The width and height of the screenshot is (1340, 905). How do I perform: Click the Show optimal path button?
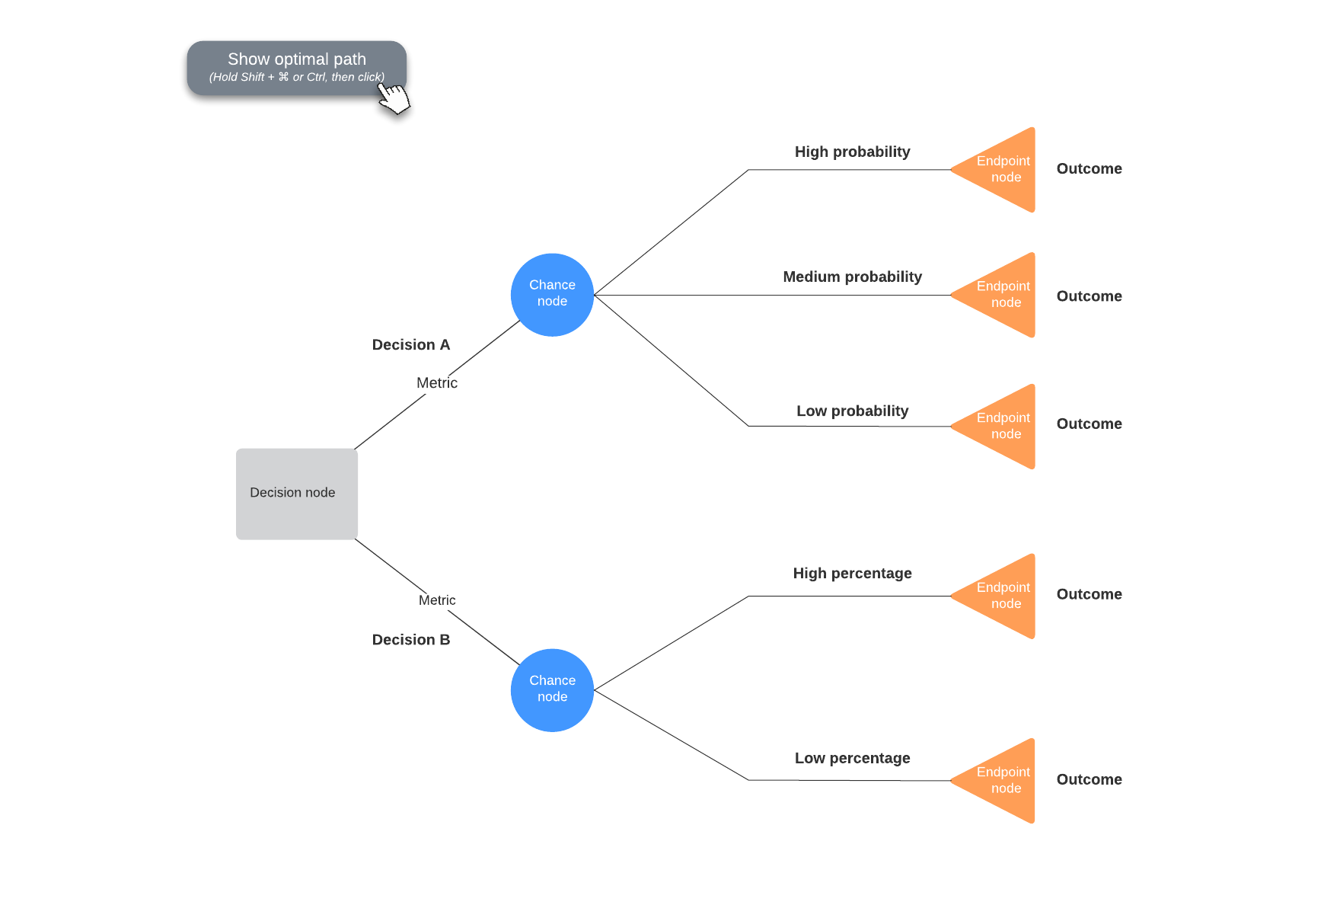[x=296, y=67]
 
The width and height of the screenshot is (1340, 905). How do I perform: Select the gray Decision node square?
[x=296, y=494]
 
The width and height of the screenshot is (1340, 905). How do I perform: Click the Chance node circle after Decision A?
[x=552, y=294]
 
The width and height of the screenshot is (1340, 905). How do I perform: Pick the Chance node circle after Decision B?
[x=552, y=689]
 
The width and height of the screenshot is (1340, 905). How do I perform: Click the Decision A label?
[x=410, y=345]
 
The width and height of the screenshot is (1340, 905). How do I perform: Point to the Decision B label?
[x=410, y=640]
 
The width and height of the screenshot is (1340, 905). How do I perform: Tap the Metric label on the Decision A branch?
[x=436, y=383]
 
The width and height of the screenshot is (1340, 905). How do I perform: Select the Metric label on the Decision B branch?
[x=436, y=600]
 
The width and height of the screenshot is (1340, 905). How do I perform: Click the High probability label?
[x=852, y=152]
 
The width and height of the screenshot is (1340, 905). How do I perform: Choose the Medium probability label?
[x=852, y=277]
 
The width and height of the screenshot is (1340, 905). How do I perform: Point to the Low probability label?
[x=852, y=411]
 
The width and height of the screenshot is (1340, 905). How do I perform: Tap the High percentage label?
[x=852, y=573]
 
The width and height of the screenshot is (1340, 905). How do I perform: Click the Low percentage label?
[x=852, y=758]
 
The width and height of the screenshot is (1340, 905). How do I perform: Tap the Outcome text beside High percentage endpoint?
[x=1089, y=594]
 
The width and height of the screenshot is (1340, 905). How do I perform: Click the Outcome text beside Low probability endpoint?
[x=1089, y=424]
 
